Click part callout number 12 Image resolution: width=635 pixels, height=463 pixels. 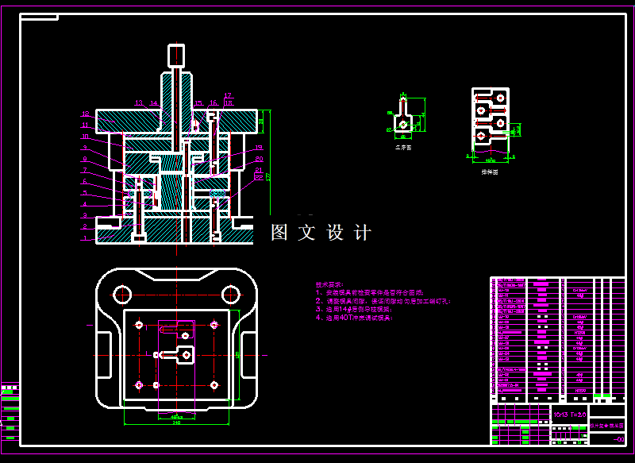[x=86, y=114]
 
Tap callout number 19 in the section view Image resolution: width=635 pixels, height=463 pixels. [x=259, y=149]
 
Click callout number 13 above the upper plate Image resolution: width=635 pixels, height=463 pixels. [x=139, y=102]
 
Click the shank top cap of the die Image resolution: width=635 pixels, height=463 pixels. [x=175, y=55]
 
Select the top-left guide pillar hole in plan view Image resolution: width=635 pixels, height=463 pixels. [x=121, y=294]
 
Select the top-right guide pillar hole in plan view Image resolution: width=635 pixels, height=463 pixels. [x=232, y=294]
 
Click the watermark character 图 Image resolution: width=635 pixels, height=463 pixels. [x=279, y=233]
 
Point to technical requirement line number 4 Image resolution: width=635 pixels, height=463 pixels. [x=353, y=318]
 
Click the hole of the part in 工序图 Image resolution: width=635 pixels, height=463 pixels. [x=404, y=125]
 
